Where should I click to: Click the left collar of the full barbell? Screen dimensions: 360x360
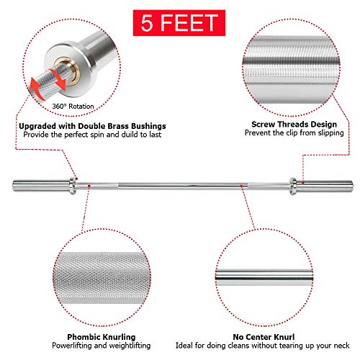pos(74,185)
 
